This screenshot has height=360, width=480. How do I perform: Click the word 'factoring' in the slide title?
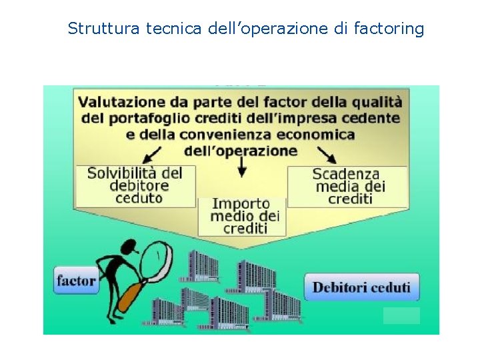(391, 29)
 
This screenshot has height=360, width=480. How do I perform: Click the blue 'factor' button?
(75, 281)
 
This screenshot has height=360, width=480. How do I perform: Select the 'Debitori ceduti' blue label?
(362, 287)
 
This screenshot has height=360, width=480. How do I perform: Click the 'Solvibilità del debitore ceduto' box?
(136, 185)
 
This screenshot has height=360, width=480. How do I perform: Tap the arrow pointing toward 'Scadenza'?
(326, 155)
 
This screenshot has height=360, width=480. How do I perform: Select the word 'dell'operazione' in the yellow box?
(241, 151)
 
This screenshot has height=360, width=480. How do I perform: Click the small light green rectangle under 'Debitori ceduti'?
(401, 315)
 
